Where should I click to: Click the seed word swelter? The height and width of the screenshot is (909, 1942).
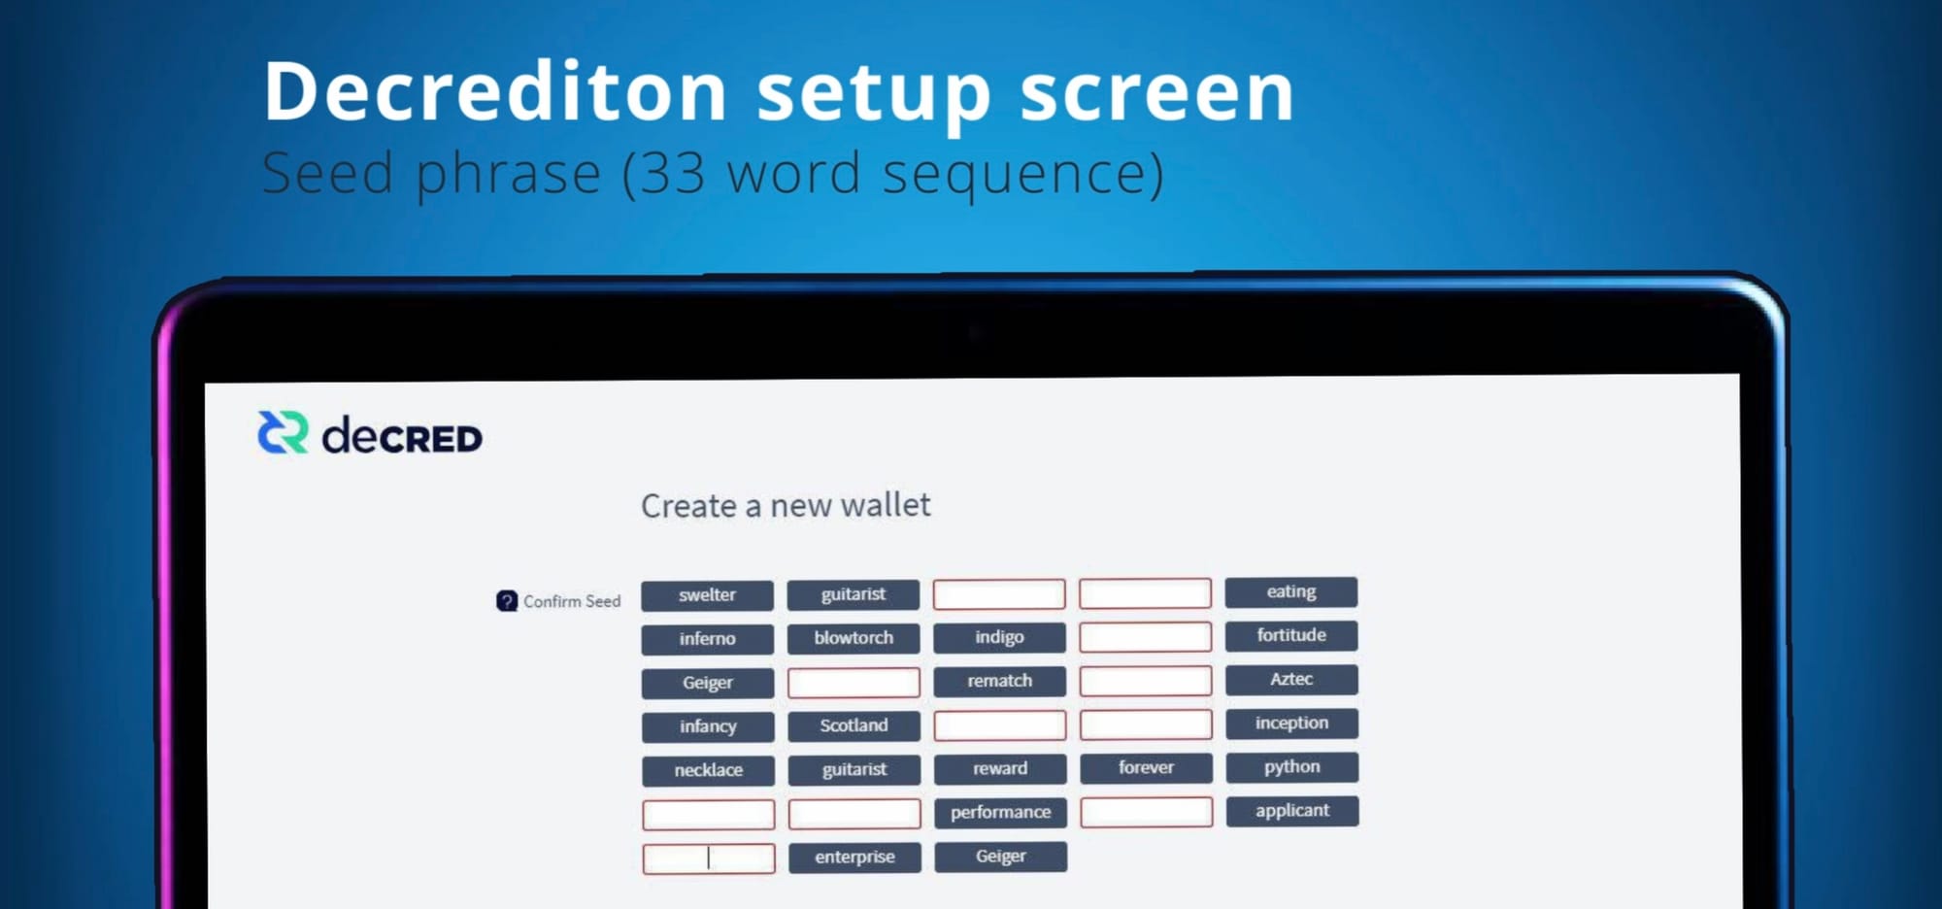707,595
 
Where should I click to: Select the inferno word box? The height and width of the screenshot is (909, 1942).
707,639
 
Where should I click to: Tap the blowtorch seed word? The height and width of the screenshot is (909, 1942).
854,638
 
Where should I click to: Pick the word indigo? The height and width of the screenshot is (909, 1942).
999,637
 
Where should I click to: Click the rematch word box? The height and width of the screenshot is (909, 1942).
999,681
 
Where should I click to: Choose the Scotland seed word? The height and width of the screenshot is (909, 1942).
854,725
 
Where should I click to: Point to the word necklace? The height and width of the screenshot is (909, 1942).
708,770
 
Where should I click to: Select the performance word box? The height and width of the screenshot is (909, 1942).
1000,812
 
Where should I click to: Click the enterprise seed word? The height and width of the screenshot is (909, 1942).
854,857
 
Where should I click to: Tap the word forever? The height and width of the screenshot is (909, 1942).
1146,767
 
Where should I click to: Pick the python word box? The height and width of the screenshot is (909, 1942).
1291,766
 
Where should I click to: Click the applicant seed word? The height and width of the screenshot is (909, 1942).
1291,810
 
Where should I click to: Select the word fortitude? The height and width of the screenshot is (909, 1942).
1291,635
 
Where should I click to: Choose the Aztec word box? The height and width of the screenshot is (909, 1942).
1291,679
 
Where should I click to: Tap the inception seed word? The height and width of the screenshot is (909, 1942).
1291,723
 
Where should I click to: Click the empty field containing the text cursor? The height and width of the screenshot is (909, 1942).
709,858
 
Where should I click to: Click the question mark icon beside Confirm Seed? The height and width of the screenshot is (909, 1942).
507,601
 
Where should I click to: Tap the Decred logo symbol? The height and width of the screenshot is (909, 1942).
283,433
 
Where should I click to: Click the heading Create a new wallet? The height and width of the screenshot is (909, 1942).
786,505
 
